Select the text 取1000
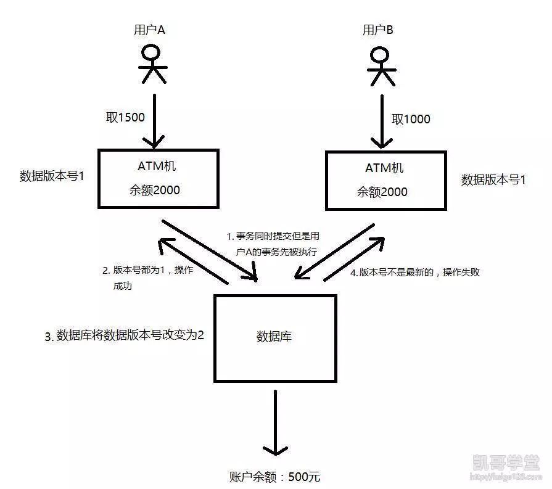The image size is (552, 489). tap(410, 118)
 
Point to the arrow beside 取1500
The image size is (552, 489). tap(154, 120)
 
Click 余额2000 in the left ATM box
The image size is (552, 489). tap(155, 190)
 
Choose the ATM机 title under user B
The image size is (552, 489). tap(384, 168)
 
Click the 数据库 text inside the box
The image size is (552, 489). tap(274, 337)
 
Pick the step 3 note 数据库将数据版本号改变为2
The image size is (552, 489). tap(124, 336)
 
